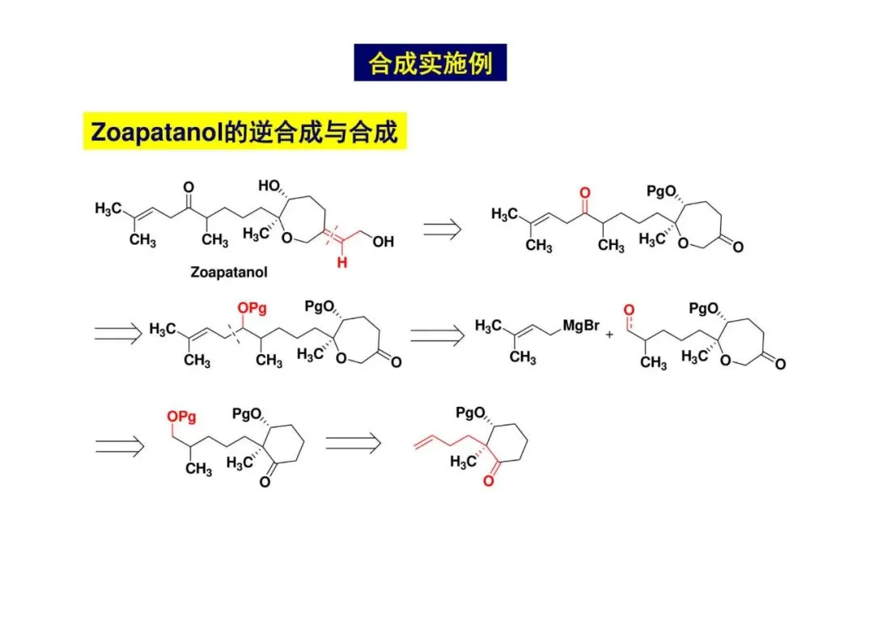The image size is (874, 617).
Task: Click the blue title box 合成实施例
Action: pyautogui.click(x=430, y=62)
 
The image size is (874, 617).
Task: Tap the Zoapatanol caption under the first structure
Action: pyautogui.click(x=229, y=273)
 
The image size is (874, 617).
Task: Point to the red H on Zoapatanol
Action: pyautogui.click(x=342, y=262)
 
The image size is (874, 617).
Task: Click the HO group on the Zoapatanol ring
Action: pyautogui.click(x=270, y=186)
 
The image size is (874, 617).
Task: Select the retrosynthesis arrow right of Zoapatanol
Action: pyautogui.click(x=443, y=230)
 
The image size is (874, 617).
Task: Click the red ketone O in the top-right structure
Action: pyautogui.click(x=585, y=194)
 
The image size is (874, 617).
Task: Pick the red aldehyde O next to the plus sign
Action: pyautogui.click(x=629, y=310)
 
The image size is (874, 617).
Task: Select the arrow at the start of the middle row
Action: pyautogui.click(x=118, y=332)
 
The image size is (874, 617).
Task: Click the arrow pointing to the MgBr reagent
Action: pyautogui.click(x=438, y=334)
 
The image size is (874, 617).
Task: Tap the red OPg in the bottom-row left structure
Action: pyautogui.click(x=181, y=416)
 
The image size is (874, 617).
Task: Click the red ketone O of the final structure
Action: pyautogui.click(x=488, y=482)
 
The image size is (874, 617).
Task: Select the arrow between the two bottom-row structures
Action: pyautogui.click(x=353, y=441)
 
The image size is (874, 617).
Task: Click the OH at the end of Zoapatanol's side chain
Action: pyautogui.click(x=383, y=241)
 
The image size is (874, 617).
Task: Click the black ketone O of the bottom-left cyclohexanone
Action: pyautogui.click(x=265, y=483)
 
